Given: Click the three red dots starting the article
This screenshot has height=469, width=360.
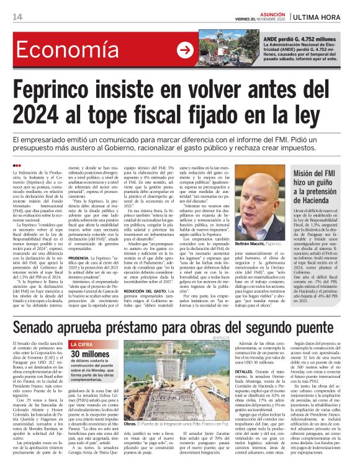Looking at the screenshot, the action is (x=16, y=164).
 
